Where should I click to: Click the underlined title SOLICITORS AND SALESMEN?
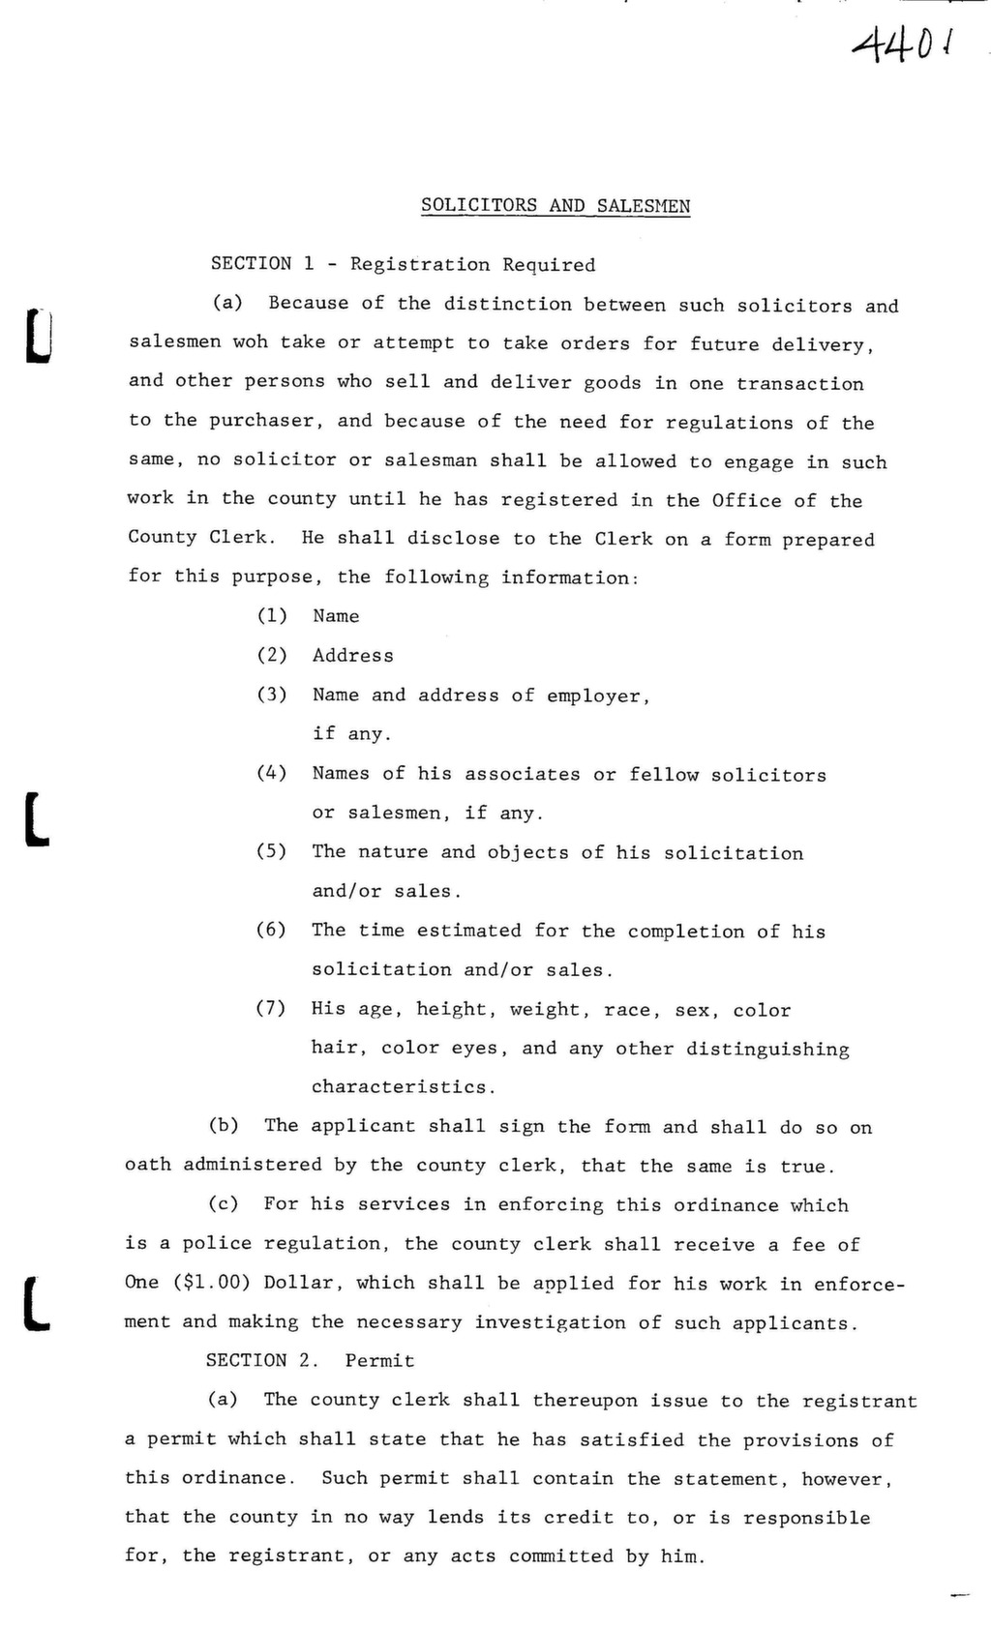coord(556,206)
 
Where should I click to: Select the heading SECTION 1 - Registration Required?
coord(403,264)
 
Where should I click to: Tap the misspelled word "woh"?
coord(250,342)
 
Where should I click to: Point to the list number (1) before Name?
coord(272,616)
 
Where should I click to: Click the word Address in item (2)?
coord(353,656)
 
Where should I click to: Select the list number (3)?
coord(272,695)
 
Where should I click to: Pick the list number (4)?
coord(272,773)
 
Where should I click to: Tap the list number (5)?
coord(272,851)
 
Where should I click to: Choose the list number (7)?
coord(272,1009)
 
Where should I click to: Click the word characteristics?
coord(403,1087)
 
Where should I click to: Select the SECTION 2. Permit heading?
coord(310,1361)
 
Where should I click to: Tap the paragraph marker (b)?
coord(225,1126)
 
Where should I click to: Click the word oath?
coord(148,1165)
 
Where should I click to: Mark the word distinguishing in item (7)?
coord(767,1050)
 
